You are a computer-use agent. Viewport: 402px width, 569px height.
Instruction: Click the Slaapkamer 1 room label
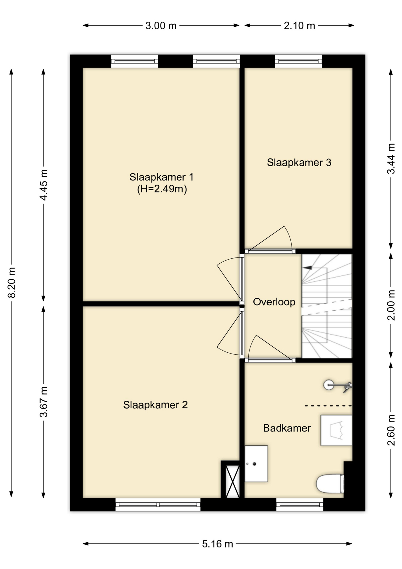click(x=161, y=177)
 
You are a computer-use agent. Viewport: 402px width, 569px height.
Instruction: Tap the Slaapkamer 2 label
click(x=155, y=405)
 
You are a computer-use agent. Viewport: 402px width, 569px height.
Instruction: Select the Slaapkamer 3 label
click(x=299, y=162)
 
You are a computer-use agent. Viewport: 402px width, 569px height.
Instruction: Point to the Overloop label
click(x=274, y=302)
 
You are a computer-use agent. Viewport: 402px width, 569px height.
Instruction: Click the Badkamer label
click(x=287, y=428)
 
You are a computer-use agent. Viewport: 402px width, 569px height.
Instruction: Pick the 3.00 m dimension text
click(x=161, y=26)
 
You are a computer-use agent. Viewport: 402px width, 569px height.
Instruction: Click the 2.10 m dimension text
click(x=299, y=26)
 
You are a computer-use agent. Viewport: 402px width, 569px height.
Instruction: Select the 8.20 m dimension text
click(x=12, y=282)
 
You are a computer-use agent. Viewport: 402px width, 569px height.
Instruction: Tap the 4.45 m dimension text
click(x=44, y=185)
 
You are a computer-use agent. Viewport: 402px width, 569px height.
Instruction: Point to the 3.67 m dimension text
click(x=44, y=401)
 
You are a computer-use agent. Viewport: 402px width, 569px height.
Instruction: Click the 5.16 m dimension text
click(x=218, y=544)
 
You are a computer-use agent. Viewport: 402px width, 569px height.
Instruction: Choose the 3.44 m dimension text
click(x=391, y=159)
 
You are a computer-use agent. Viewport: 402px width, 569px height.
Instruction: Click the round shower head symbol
click(x=329, y=385)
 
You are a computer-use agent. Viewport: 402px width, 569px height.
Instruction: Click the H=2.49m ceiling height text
click(x=162, y=189)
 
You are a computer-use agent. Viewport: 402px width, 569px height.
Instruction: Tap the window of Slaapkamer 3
click(x=298, y=61)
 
